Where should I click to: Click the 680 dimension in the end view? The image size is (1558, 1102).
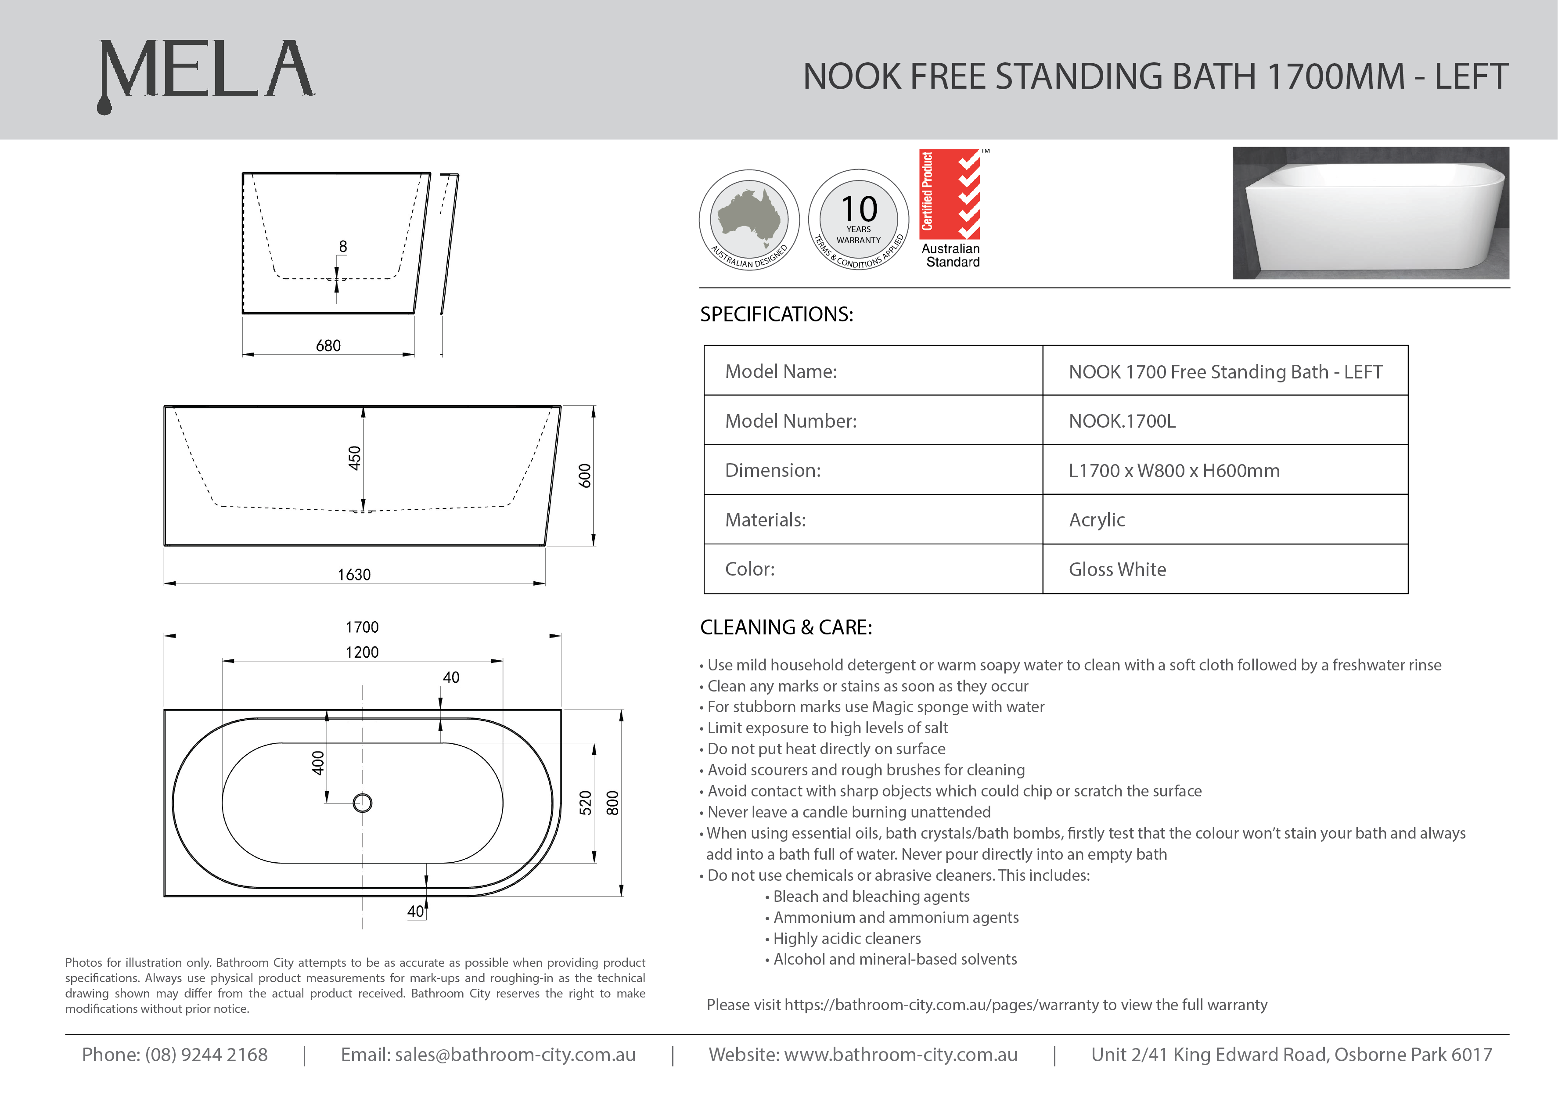point(328,346)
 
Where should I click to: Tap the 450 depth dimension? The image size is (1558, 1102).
point(354,458)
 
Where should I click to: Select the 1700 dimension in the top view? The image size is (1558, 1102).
point(362,627)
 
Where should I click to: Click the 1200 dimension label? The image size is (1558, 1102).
point(362,652)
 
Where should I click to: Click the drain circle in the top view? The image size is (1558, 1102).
point(362,803)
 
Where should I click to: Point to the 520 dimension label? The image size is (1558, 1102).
point(585,803)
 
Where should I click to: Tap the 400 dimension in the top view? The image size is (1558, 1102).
point(317,763)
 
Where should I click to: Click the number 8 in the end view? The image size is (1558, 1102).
point(343,246)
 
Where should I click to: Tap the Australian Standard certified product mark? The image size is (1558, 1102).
point(951,209)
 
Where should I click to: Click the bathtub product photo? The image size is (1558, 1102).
point(1370,212)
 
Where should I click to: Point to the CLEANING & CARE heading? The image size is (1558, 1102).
point(786,627)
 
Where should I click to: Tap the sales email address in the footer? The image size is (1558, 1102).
point(488,1055)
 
